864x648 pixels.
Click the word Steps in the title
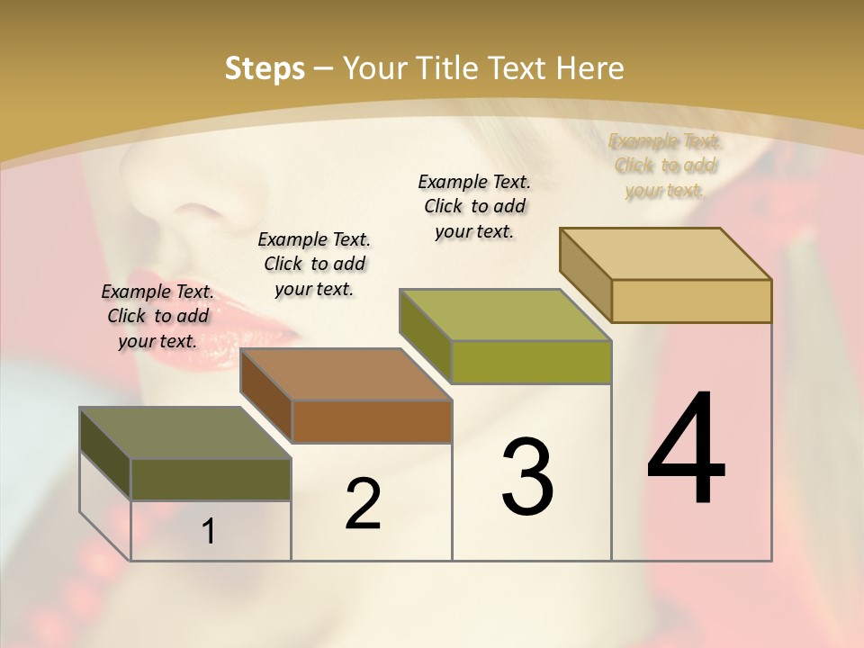pyautogui.click(x=265, y=68)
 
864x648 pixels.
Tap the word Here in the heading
pyautogui.click(x=590, y=68)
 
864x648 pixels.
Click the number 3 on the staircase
pyautogui.click(x=527, y=477)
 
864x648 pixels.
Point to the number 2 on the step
pyautogui.click(x=364, y=504)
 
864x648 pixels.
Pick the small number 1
pyautogui.click(x=209, y=532)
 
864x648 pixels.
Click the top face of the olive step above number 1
pyautogui.click(x=184, y=433)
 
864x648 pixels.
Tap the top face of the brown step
pyautogui.click(x=346, y=374)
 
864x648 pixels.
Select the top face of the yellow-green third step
pyautogui.click(x=505, y=315)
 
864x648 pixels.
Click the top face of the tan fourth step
pyautogui.click(x=665, y=254)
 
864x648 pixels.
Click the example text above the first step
pyautogui.click(x=157, y=316)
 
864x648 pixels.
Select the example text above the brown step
pyautogui.click(x=314, y=264)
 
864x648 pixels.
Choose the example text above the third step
pyautogui.click(x=474, y=206)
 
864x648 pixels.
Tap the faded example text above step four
pyautogui.click(x=665, y=166)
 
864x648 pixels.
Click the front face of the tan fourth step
pyautogui.click(x=691, y=301)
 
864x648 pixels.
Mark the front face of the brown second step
pyautogui.click(x=372, y=421)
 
